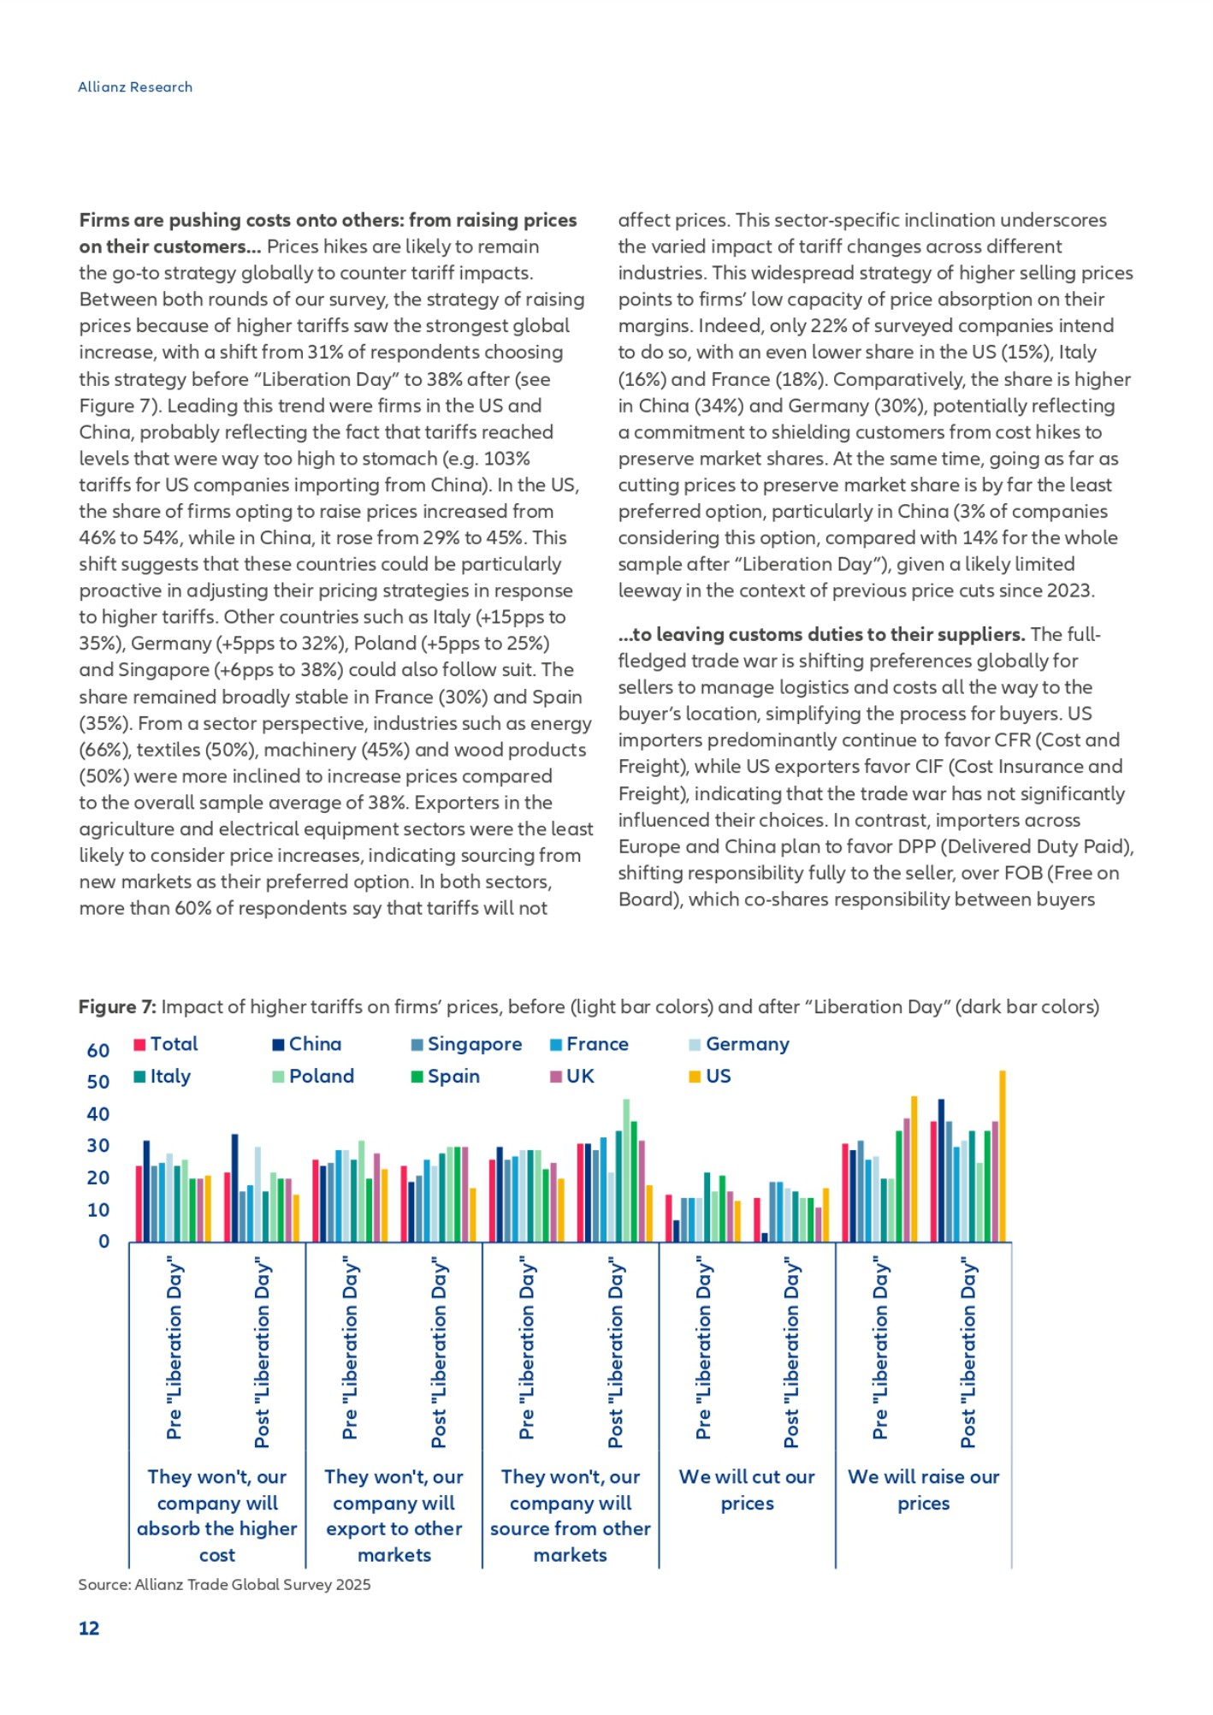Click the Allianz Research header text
pos(135,87)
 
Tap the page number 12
pos(89,1628)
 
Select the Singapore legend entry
pos(466,1044)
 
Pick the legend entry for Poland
pos(313,1077)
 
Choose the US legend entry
pos(710,1077)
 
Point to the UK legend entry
pos(571,1077)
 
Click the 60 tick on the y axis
pos(98,1051)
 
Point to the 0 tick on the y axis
pos(104,1242)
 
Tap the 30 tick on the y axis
pos(98,1146)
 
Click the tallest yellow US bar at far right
pos(1003,1155)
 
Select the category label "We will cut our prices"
pos(747,1490)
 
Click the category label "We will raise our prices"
pos(924,1490)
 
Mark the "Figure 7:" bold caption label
pos(117,1007)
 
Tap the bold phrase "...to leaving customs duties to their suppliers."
pos(821,635)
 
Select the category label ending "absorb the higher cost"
pos(217,1516)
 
